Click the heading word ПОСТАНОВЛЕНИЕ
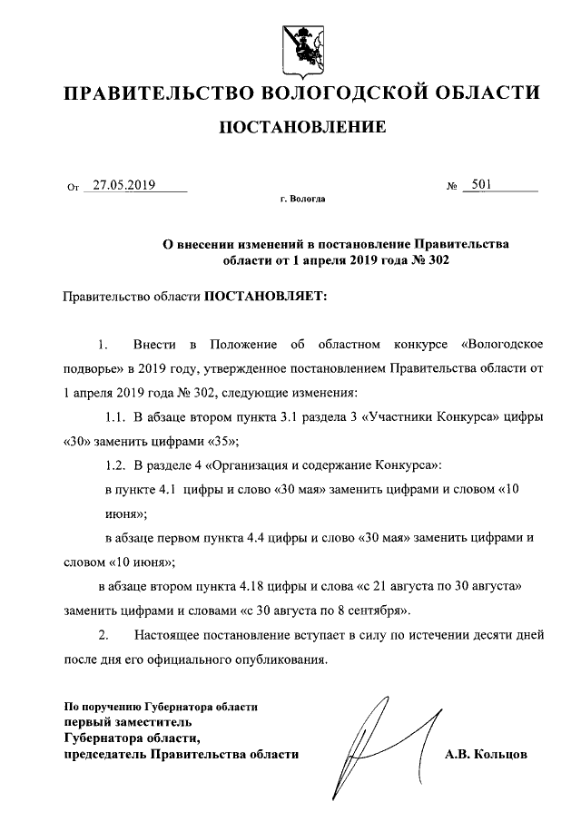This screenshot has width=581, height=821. [303, 126]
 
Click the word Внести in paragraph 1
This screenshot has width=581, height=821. [153, 346]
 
